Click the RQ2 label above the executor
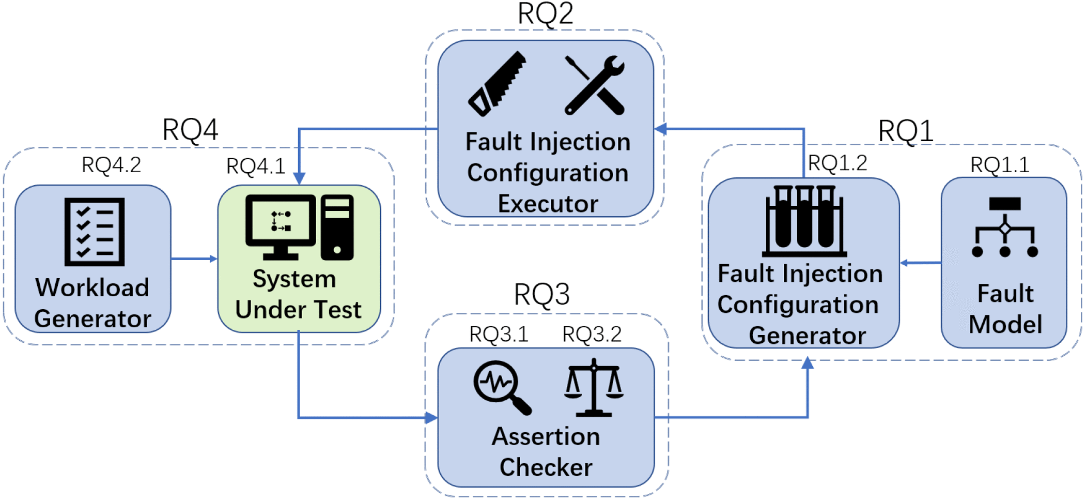coord(545,14)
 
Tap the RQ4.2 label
coord(111,165)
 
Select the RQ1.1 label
coord(1000,165)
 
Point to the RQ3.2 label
coord(592,334)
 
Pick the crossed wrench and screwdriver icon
coord(595,85)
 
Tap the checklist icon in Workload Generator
coord(95,232)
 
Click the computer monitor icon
coord(281,226)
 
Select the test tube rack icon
coord(804,221)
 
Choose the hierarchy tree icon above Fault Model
coord(1005,227)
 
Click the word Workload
coord(92,287)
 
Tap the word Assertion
coord(546,436)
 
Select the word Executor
coord(548,204)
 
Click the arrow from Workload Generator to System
coord(194,259)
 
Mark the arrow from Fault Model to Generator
coord(921,263)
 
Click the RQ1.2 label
coord(837,163)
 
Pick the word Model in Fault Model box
coord(1005,325)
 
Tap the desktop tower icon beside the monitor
coord(337,227)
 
